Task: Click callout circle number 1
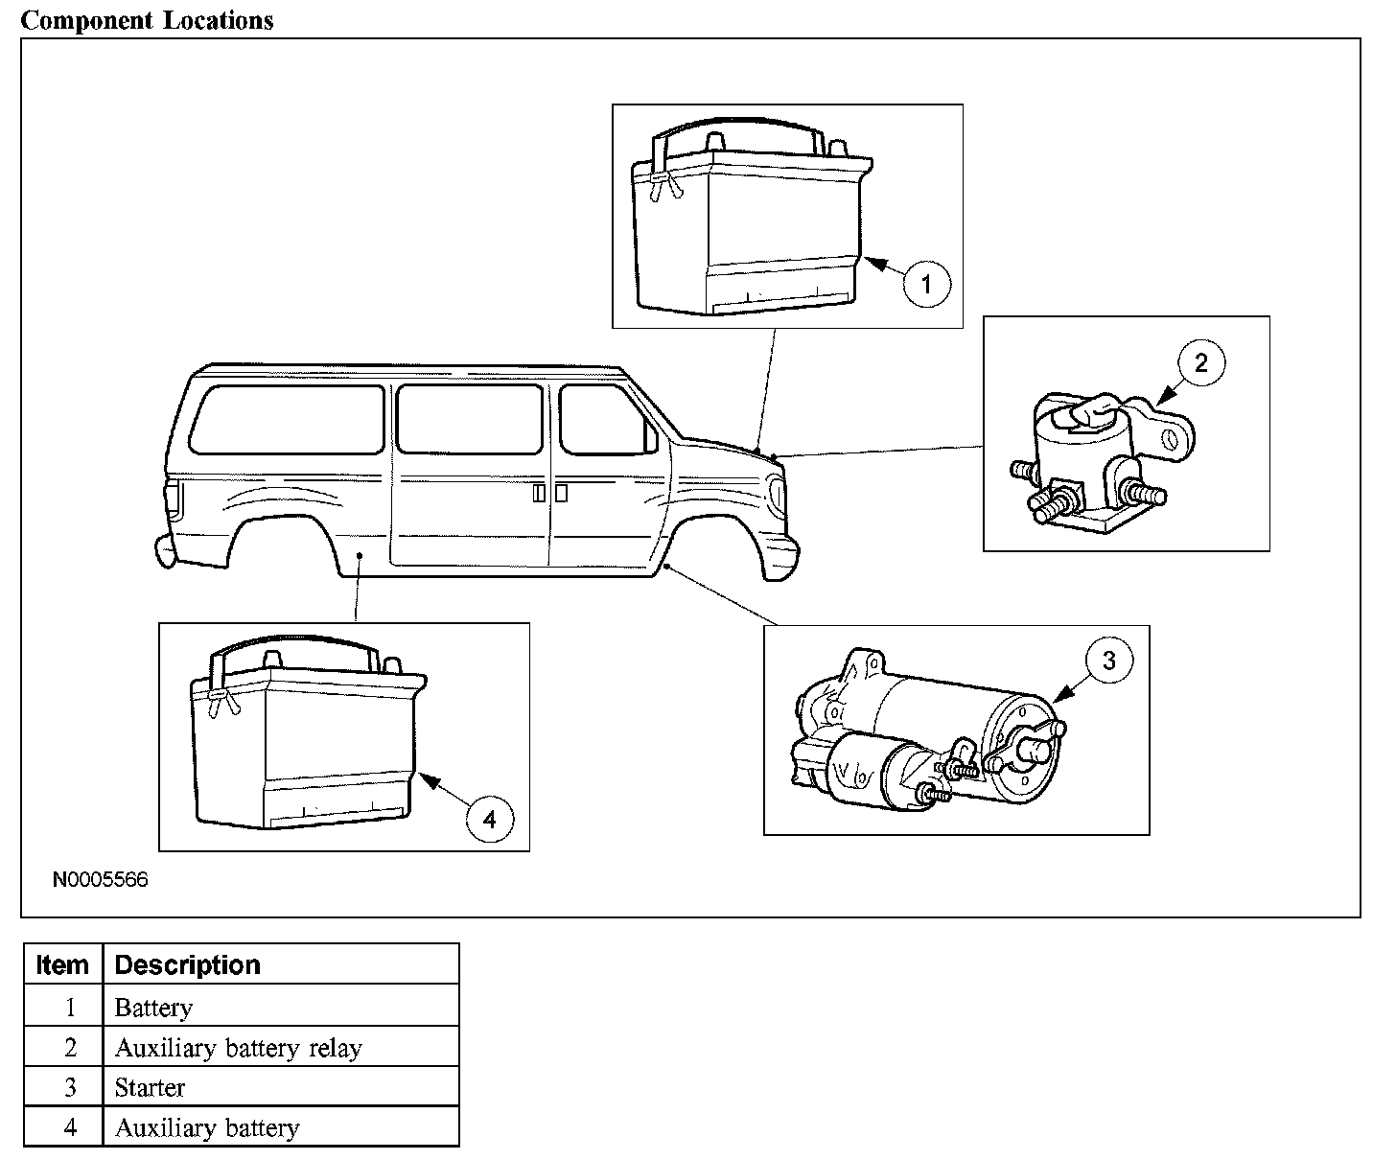pyautogui.click(x=926, y=284)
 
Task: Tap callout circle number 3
pyautogui.click(x=1108, y=661)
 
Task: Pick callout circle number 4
pyautogui.click(x=490, y=819)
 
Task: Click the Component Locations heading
pyautogui.click(x=147, y=20)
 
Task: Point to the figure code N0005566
pyautogui.click(x=100, y=879)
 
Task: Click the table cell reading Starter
pyautogui.click(x=150, y=1087)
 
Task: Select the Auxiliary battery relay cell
pyautogui.click(x=238, y=1048)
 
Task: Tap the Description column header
pyautogui.click(x=187, y=964)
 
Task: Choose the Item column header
pyautogui.click(x=62, y=964)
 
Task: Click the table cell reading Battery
pyautogui.click(x=153, y=1008)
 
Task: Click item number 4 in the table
pyautogui.click(x=69, y=1127)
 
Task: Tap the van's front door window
pyautogui.click(x=604, y=419)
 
